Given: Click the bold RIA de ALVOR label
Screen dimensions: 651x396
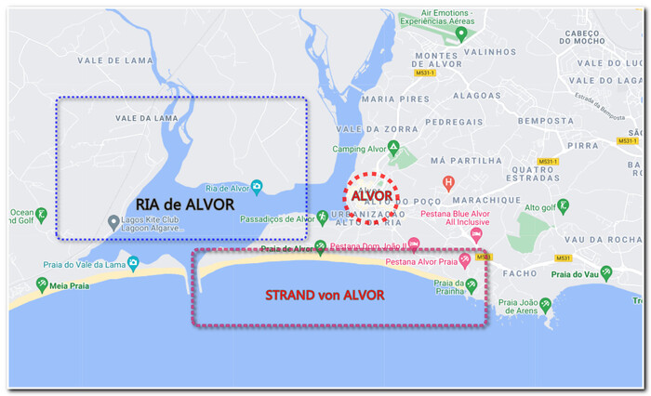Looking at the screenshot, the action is (x=184, y=205).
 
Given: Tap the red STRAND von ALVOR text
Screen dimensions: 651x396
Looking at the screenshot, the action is (x=325, y=295).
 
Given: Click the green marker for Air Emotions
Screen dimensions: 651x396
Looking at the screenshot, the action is (x=461, y=34).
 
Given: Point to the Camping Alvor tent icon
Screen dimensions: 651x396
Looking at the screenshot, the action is (x=393, y=147).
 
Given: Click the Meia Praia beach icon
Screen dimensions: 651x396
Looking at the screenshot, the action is (x=41, y=284).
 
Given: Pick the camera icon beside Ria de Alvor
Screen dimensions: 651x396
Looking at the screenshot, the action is (x=257, y=186).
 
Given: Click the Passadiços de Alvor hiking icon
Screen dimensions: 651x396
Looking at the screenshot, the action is (x=323, y=217).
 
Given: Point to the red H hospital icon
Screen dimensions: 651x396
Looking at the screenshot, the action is (x=449, y=182).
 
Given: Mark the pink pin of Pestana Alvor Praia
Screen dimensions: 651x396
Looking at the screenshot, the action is (x=464, y=261).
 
